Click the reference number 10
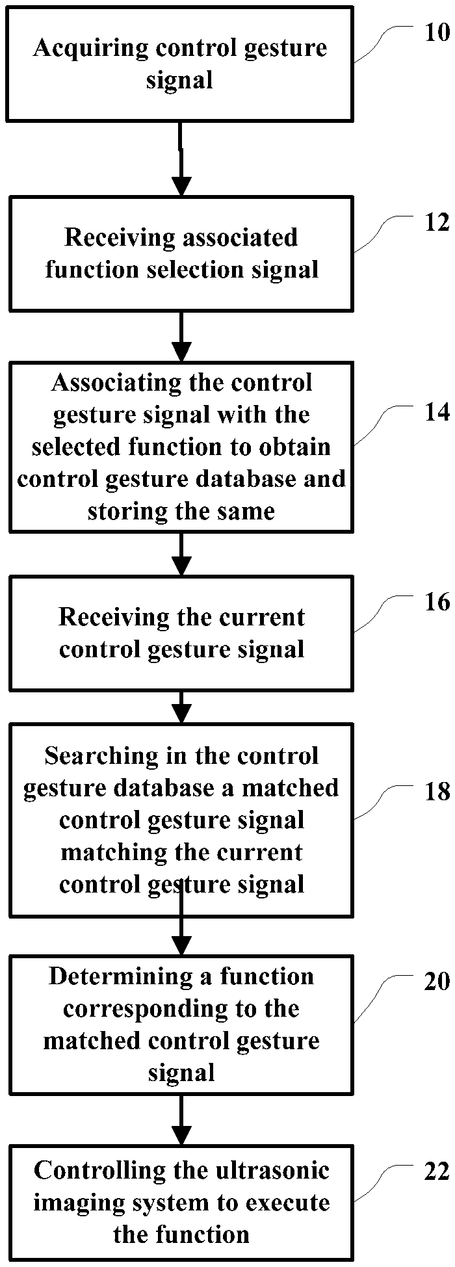(437, 33)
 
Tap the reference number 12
(437, 222)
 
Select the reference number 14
(437, 411)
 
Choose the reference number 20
(437, 981)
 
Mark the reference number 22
(437, 1171)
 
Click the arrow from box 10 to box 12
(181, 159)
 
